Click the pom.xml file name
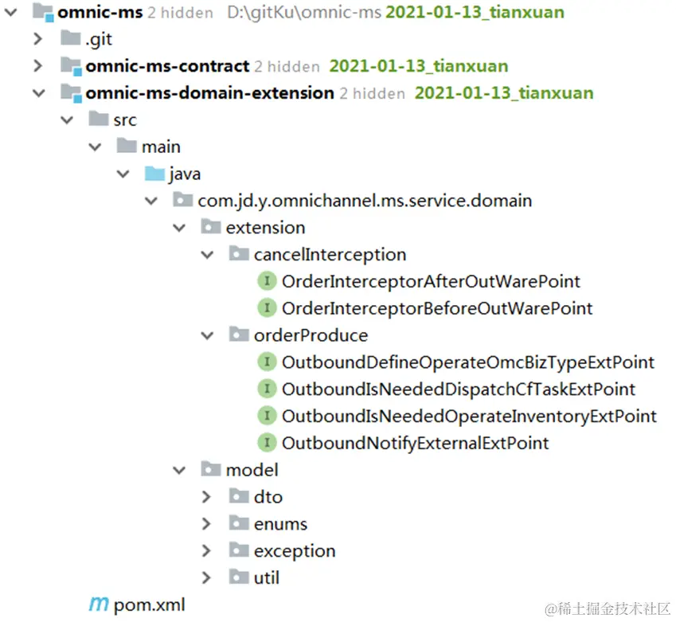point(149,604)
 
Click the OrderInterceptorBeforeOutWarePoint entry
point(437,308)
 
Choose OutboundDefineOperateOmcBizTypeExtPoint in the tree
point(468,362)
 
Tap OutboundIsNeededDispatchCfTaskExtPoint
point(459,389)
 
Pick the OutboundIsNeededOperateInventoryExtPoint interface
point(469,417)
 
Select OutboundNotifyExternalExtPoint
point(415,444)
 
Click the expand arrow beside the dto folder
point(207,497)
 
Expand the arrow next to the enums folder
point(207,524)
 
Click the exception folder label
point(295,551)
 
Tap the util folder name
point(267,578)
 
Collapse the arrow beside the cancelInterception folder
point(207,255)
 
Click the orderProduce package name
point(311,335)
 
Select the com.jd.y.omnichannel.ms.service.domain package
point(365,201)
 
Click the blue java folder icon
point(154,174)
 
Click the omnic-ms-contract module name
point(167,66)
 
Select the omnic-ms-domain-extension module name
point(209,93)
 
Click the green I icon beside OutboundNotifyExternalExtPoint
point(268,444)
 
